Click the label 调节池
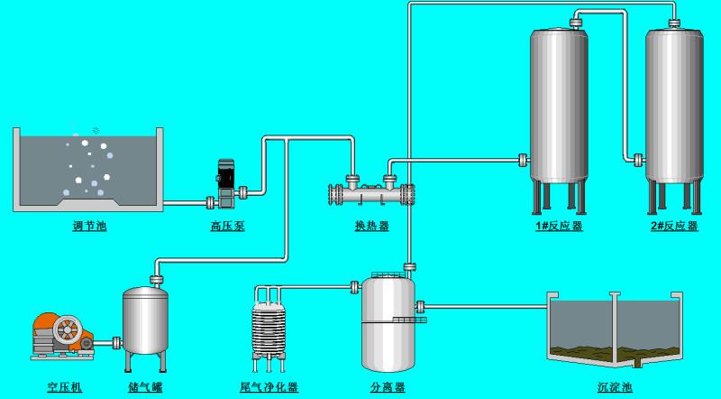(89, 226)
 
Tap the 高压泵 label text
(228, 226)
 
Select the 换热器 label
(372, 226)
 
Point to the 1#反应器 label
(559, 226)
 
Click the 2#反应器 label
(674, 226)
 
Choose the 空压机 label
(65, 387)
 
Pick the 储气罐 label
(145, 387)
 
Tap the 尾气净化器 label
(269, 387)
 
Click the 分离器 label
(388, 387)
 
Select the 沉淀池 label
(616, 387)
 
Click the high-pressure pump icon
(225, 184)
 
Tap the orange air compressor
(62, 336)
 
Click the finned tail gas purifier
(269, 329)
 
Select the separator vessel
(388, 321)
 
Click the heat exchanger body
(371, 194)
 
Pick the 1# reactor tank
(559, 121)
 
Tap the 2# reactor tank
(674, 121)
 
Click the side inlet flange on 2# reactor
(639, 160)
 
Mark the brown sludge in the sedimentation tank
(615, 353)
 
